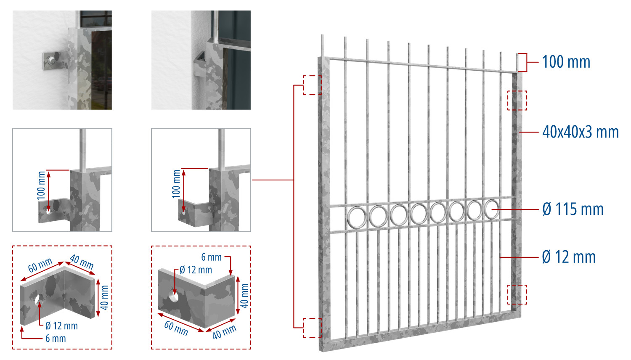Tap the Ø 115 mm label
coord(573,209)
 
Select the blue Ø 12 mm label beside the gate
coord(569,257)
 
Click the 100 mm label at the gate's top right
coord(566,62)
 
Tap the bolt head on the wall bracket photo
coord(50,60)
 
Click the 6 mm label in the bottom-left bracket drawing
coord(56,338)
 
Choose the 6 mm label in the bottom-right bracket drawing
coord(211,257)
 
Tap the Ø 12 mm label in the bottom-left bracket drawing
coord(61,326)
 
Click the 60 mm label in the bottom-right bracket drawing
coord(176,328)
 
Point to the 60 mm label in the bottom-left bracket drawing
coord(40,265)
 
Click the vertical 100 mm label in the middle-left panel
coord(41,185)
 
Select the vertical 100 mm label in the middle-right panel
coord(176,184)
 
